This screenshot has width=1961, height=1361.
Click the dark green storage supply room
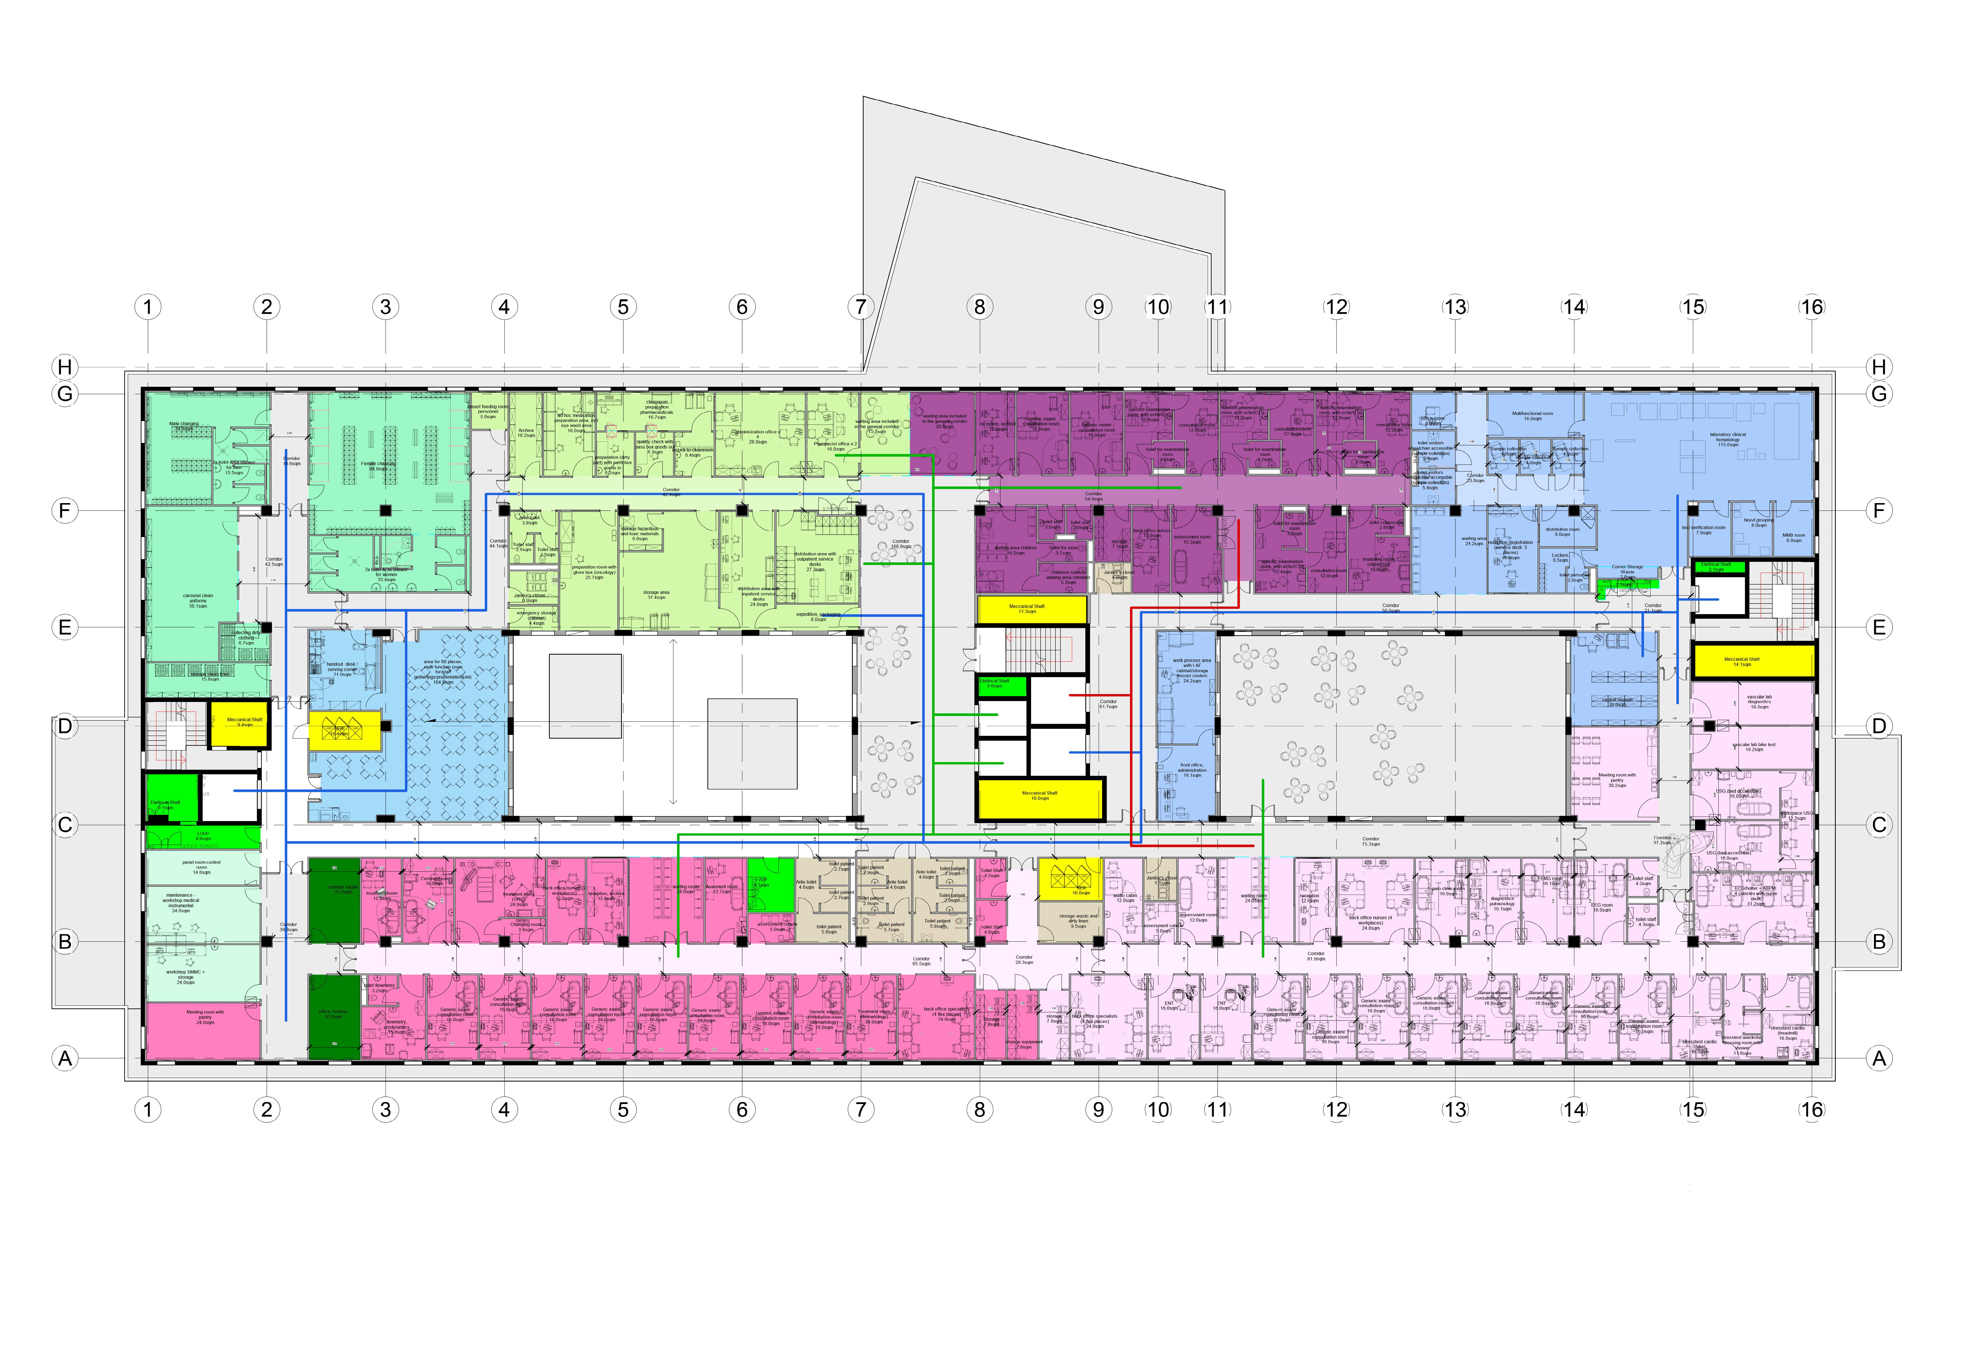(334, 900)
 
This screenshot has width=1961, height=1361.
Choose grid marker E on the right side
(1878, 628)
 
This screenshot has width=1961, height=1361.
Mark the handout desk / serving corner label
(342, 668)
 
